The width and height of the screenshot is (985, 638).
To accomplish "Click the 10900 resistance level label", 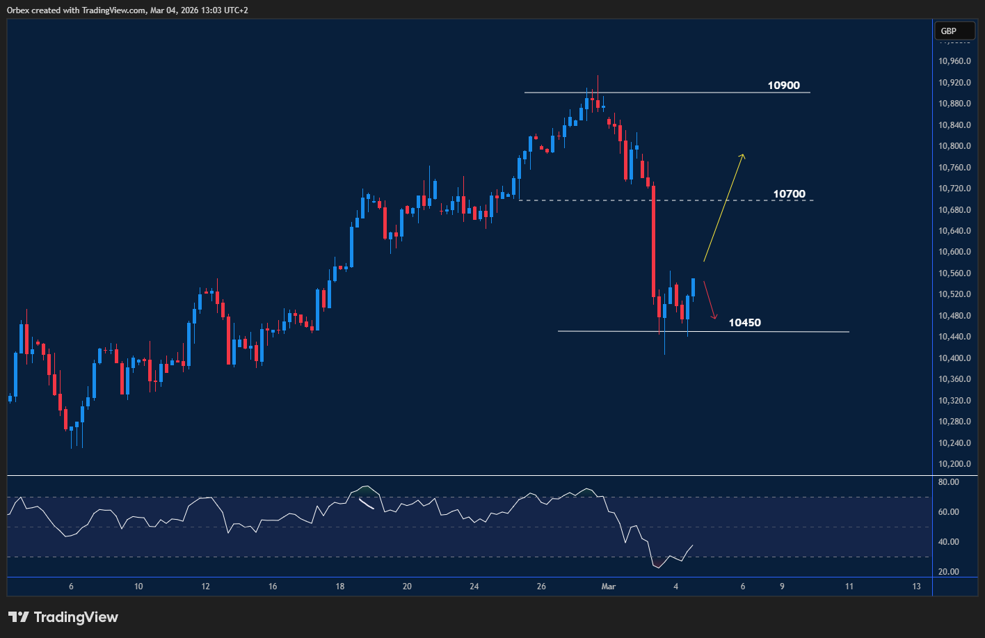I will pyautogui.click(x=783, y=86).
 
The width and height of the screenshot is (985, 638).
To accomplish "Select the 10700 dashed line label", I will pyautogui.click(x=789, y=194).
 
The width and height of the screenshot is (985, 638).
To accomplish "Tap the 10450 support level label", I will pyautogui.click(x=744, y=323).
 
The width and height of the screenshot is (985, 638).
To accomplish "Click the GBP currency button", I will pyautogui.click(x=948, y=31).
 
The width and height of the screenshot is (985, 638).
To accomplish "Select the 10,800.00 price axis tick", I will pyautogui.click(x=954, y=146).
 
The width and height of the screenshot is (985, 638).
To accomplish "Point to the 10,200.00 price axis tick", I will pyautogui.click(x=954, y=464).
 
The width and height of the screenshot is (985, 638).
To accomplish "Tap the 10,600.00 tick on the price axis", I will pyautogui.click(x=954, y=252).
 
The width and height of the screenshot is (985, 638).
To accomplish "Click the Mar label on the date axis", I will pyautogui.click(x=608, y=587).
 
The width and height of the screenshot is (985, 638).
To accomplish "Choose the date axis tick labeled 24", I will pyautogui.click(x=474, y=587).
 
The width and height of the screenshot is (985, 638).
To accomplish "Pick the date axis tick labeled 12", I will pyautogui.click(x=205, y=587).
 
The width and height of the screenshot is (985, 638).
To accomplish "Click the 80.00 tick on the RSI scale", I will pyautogui.click(x=949, y=482).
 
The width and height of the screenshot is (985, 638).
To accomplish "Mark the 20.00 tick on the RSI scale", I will pyautogui.click(x=949, y=572).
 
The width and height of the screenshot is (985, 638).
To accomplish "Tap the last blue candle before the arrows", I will pyautogui.click(x=694, y=287).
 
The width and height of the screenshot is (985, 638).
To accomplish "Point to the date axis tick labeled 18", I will pyautogui.click(x=339, y=587).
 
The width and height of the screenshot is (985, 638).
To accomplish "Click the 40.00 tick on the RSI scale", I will pyautogui.click(x=949, y=542).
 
